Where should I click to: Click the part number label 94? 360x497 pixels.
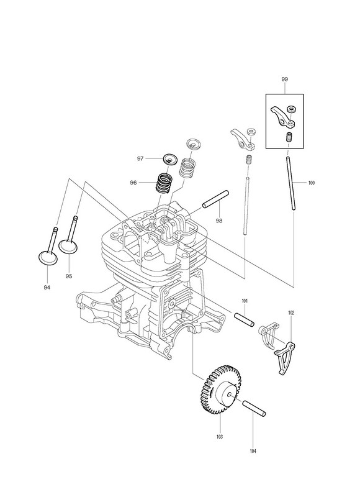coord(47,287)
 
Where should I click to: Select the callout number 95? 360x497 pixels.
coord(69,276)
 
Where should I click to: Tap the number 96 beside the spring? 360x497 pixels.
coord(133,183)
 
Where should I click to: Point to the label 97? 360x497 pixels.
coord(140,158)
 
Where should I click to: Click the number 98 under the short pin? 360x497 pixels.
coord(219,221)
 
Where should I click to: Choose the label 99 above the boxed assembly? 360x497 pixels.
coord(285,80)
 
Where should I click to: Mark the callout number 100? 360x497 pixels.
coord(312,183)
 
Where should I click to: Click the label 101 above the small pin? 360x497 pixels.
coord(245,301)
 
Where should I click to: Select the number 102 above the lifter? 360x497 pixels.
coord(291,313)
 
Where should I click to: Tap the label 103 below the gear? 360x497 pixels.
coord(220,437)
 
